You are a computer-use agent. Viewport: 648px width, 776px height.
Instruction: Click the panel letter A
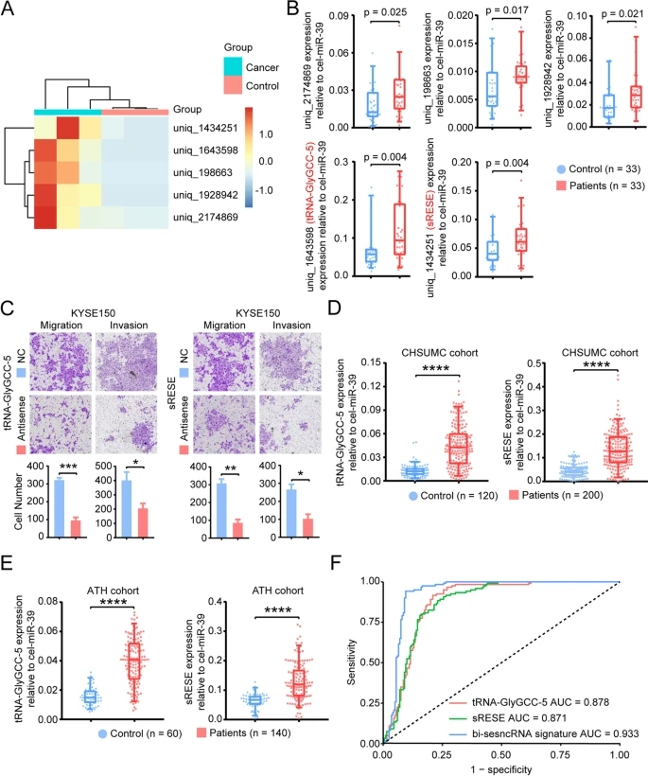11,11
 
